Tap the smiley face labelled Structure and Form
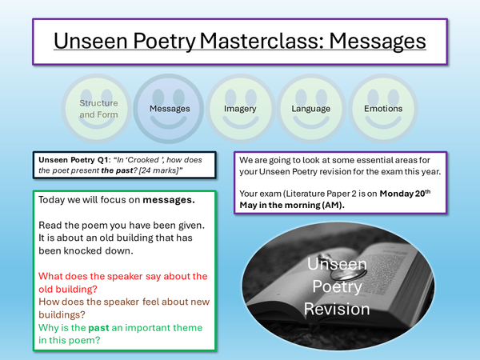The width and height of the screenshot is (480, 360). [x=98, y=109]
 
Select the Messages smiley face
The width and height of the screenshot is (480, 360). [x=170, y=109]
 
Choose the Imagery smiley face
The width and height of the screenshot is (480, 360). [x=241, y=109]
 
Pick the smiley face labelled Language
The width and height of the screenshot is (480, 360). [x=310, y=109]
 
